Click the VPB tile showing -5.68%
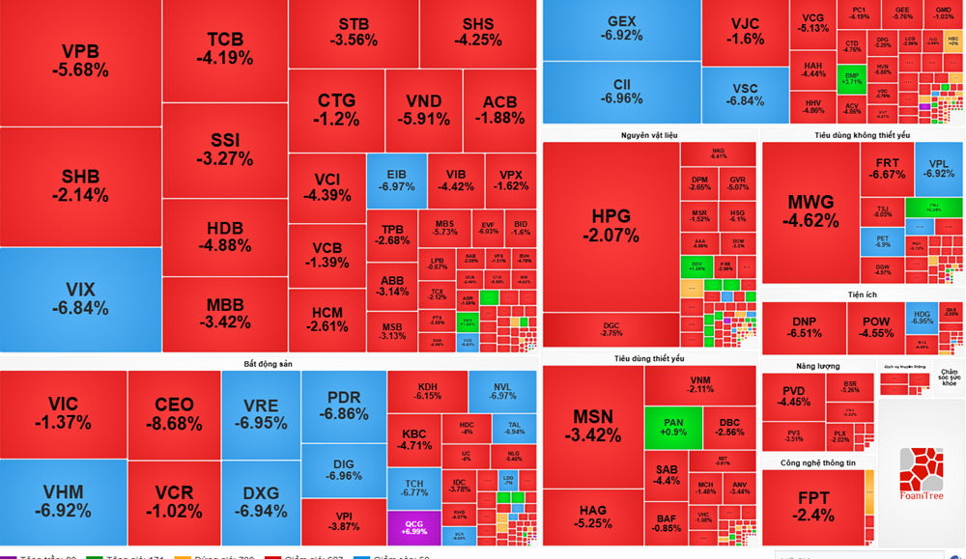(x=85, y=61)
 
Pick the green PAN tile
(x=673, y=428)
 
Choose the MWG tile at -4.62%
(x=810, y=211)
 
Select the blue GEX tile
(x=621, y=29)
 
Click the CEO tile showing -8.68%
(x=174, y=413)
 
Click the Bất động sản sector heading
(x=269, y=363)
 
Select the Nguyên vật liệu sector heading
(x=649, y=135)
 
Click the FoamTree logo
(x=921, y=473)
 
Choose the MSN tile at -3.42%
(x=593, y=425)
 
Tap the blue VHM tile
(x=64, y=501)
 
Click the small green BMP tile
(x=851, y=78)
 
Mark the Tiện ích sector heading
(x=862, y=294)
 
